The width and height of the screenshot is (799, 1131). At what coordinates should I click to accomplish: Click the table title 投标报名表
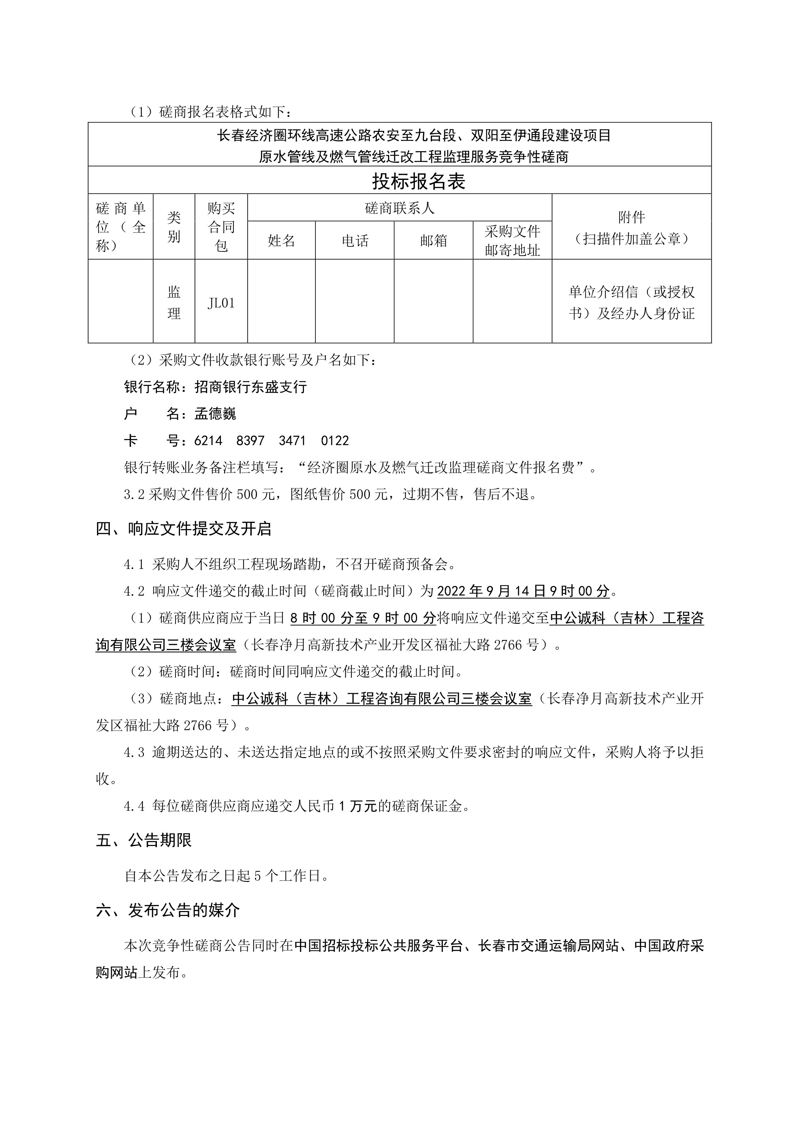pos(419,181)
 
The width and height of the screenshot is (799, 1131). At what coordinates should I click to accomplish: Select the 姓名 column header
pos(281,241)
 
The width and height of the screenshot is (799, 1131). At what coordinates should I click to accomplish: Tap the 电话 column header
pos(355,241)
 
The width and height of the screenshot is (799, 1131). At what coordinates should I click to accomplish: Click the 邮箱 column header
pos(433,241)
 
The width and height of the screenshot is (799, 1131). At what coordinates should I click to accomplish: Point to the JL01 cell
pos(221,303)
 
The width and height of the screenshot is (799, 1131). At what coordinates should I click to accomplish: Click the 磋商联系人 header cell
pos(399,208)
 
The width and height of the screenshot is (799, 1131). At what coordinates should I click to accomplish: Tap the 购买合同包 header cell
pos(221,227)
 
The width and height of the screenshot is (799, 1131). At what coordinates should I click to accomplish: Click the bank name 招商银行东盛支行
pos(251,387)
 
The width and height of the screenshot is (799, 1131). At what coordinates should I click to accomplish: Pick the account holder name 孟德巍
pos(215,414)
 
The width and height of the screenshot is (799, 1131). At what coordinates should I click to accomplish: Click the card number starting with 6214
pos(272,440)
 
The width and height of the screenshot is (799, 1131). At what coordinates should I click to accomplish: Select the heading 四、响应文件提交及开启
pos(184,528)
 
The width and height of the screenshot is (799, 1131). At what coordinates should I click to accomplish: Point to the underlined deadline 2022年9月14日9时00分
pos(523,591)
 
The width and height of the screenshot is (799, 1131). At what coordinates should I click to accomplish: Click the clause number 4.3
pos(134,752)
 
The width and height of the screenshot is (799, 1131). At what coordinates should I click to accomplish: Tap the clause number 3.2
pos(134,494)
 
